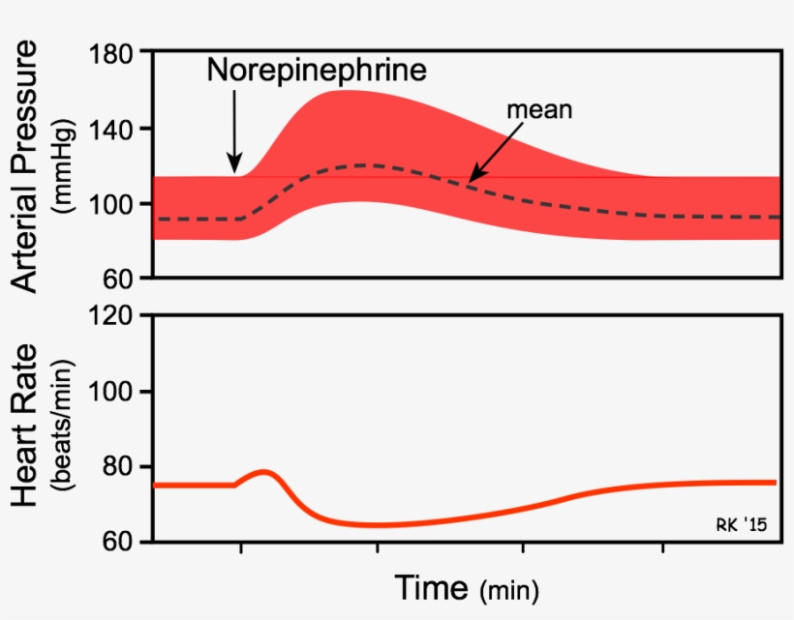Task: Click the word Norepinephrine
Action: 318,71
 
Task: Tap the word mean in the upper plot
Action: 540,109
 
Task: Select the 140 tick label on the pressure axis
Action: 113,128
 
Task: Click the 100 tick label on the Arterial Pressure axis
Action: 113,203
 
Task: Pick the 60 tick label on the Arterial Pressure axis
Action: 122,279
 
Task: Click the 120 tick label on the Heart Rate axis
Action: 113,315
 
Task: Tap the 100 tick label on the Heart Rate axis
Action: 113,391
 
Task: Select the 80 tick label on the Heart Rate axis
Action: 122,466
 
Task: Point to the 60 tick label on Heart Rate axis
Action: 122,541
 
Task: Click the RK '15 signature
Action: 741,525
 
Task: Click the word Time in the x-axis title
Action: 432,586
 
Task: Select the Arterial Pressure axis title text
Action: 27,165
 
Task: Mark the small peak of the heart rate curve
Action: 264,472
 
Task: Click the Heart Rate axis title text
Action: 27,427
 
